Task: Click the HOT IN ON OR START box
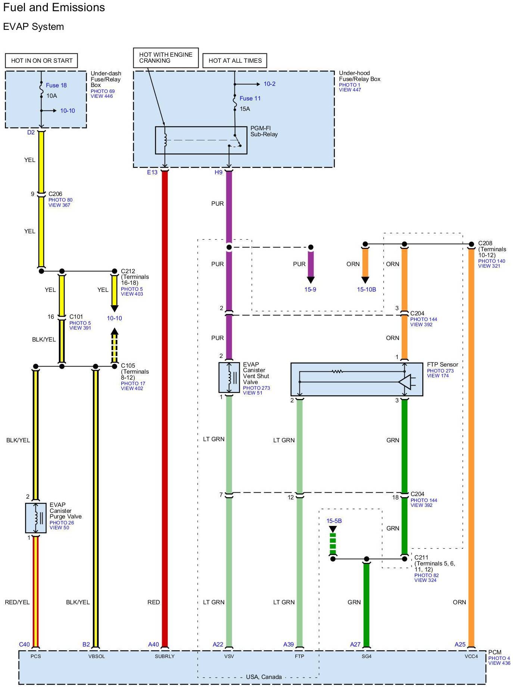pos(41,60)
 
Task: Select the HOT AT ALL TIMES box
pos(235,60)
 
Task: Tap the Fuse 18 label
pos(56,85)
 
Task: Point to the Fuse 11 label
pos(250,99)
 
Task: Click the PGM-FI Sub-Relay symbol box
pos(201,140)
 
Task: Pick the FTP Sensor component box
pos(357,379)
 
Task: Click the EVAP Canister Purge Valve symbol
pos(36,518)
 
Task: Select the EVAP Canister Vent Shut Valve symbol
pos(229,378)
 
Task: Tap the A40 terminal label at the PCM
pos(153,645)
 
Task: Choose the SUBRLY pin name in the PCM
pos(165,656)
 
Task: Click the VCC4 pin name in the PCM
pos(471,656)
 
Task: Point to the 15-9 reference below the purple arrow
pos(310,290)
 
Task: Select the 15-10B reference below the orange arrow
pos(366,290)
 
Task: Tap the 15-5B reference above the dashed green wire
pos(334,521)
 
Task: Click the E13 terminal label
pos(152,172)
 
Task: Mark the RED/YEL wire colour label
pos(17,602)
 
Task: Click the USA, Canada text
pos(264,677)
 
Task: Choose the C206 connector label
pos(55,194)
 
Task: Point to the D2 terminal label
pos(31,133)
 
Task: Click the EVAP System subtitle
pos(33,27)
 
